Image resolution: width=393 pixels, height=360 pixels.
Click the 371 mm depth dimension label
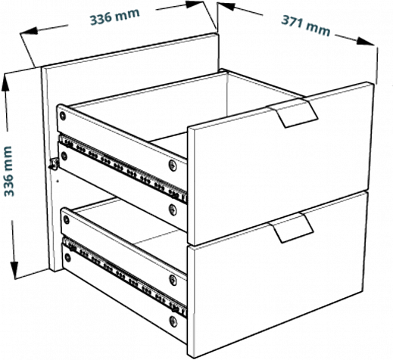coord(306,26)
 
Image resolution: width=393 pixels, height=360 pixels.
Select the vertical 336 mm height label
coord(8,171)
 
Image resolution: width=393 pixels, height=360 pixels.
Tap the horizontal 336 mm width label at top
coord(115,16)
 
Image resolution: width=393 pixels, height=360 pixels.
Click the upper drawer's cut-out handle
coord(292,113)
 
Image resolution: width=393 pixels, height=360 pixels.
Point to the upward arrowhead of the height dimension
coord(5,82)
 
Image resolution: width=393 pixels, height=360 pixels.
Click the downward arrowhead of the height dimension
coord(14,270)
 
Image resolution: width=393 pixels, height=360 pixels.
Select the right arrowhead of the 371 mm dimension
coord(366,42)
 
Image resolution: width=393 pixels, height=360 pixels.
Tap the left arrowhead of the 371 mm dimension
coord(226,6)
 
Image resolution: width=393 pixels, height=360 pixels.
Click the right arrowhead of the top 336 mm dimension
coord(195,5)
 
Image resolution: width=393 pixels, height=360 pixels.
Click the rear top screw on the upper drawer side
coord(62,116)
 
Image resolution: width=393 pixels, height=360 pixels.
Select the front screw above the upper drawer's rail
coord(173,165)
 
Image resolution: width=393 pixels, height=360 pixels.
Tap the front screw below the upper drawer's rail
coord(173,209)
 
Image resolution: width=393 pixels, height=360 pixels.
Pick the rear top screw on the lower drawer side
coord(66,219)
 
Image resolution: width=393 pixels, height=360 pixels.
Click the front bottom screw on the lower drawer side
coord(173,321)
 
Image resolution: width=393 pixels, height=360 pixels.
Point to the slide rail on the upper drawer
coord(123,169)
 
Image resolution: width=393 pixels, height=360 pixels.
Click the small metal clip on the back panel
coord(55,164)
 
